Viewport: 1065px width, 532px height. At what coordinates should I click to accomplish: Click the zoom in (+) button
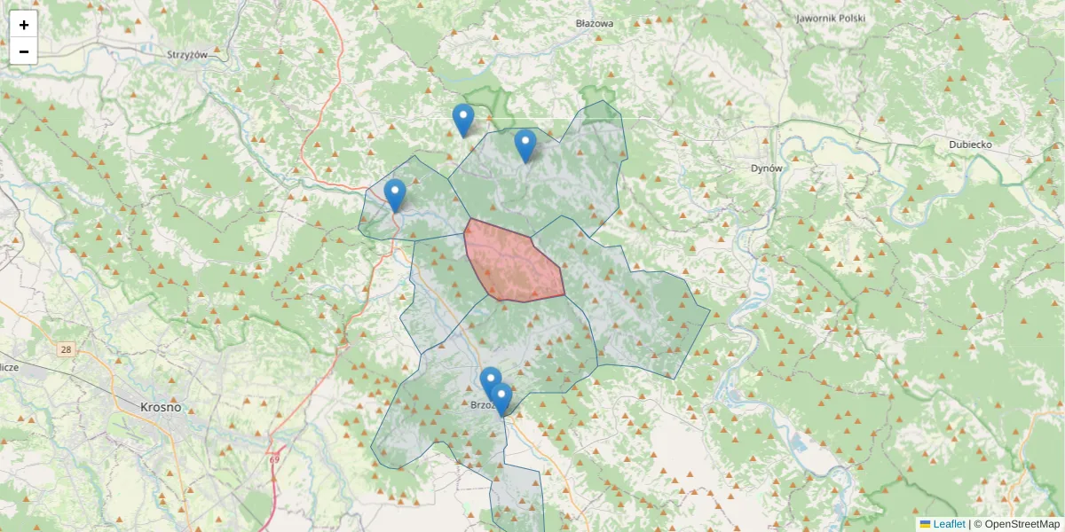[x=24, y=25]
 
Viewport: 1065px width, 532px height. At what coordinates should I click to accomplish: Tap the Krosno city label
[x=161, y=408]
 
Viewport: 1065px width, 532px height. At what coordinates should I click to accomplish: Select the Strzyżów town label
[x=186, y=54]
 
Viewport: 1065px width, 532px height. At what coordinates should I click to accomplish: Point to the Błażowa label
[x=595, y=24]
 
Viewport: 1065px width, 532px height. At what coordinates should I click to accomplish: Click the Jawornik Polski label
[x=830, y=18]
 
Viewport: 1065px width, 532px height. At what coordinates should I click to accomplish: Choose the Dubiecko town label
[x=969, y=144]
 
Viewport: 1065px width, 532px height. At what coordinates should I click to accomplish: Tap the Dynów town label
[x=766, y=168]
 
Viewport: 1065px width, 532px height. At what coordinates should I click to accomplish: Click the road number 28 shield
[x=66, y=350]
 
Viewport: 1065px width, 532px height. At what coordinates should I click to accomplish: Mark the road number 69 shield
[x=274, y=458]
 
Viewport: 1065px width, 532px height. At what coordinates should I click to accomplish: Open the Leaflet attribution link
[x=949, y=524]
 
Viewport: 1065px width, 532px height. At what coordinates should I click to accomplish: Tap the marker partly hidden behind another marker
[x=489, y=381]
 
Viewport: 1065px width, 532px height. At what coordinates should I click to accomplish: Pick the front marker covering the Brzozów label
[x=501, y=398]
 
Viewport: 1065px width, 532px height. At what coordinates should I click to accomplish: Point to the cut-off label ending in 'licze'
[x=9, y=365]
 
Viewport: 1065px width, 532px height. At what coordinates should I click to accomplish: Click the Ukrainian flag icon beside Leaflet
[x=925, y=524]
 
